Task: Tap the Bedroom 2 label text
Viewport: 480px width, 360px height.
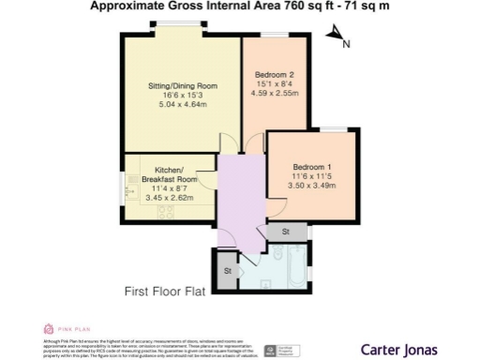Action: tap(279, 75)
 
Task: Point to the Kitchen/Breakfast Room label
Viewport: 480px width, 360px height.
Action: tap(170, 174)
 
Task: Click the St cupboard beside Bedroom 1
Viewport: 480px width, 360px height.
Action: tap(286, 232)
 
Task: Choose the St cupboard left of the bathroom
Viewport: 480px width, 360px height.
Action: tap(227, 272)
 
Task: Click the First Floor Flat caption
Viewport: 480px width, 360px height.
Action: tap(165, 292)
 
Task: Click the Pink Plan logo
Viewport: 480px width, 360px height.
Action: tap(62, 330)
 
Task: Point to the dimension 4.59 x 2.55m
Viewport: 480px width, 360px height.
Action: tap(279, 94)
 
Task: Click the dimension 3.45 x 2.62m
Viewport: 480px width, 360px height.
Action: tap(170, 198)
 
